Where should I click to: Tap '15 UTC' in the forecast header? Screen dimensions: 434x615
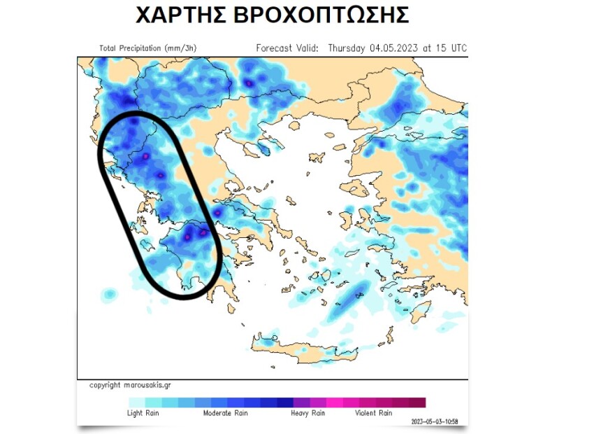pyautogui.click(x=451, y=48)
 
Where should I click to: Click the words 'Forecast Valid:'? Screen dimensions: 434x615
pyautogui.click(x=287, y=48)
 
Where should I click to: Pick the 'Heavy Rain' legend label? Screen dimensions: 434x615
pyautogui.click(x=308, y=413)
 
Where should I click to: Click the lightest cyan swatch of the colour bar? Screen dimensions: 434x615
pyautogui.click(x=137, y=402)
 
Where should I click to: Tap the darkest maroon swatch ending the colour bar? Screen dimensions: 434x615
pyautogui.click(x=417, y=402)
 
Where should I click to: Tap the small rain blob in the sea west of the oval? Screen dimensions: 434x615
pyautogui.click(x=109, y=294)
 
